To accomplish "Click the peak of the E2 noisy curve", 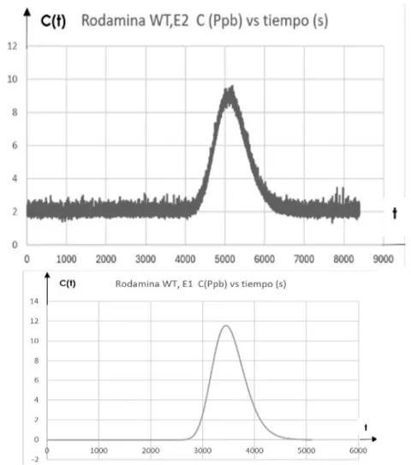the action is (233, 86).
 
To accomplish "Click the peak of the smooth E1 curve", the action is (226, 325).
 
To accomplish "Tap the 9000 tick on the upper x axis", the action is (383, 259).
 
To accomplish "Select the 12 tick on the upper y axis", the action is (13, 46).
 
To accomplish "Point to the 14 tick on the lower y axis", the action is (34, 301).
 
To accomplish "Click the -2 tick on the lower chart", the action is (35, 459).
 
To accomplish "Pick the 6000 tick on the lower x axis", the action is (358, 450).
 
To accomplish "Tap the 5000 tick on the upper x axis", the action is (225, 259).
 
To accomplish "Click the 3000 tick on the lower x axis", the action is (203, 450).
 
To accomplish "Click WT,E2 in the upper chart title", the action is (169, 21).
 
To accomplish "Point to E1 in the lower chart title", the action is (188, 283).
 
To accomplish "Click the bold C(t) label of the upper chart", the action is (53, 21).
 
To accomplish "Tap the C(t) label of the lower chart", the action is (68, 283).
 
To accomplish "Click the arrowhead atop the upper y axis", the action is (27, 12).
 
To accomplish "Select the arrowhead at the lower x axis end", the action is (373, 439).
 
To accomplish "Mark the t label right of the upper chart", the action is (395, 213).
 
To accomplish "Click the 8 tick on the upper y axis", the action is (15, 112).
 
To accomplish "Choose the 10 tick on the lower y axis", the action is (34, 341).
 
